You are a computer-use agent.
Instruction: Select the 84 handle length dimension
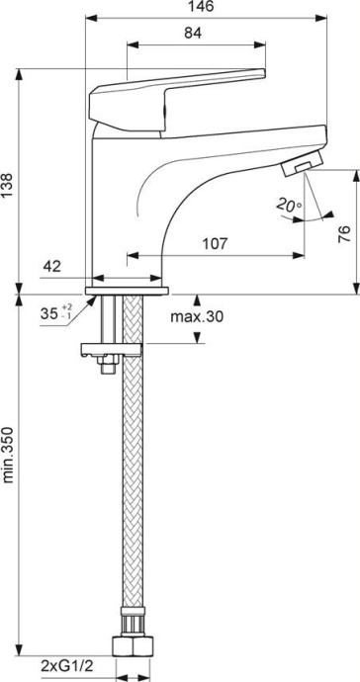click(194, 34)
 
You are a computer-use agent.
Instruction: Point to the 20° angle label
click(287, 205)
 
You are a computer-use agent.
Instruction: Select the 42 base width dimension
click(53, 266)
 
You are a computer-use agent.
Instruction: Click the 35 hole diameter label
click(48, 313)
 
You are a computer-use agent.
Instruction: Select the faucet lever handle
click(178, 91)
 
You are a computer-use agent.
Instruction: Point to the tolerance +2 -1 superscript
click(67, 312)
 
